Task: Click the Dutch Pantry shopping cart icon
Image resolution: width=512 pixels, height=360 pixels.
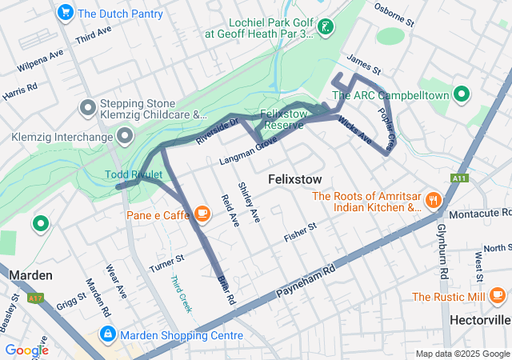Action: pyautogui.click(x=66, y=13)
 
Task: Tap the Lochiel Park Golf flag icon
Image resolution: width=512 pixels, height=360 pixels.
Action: pyautogui.click(x=325, y=28)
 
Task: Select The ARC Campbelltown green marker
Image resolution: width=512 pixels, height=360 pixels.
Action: pyautogui.click(x=461, y=94)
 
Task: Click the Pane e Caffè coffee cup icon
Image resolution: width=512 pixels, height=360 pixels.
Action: pyautogui.click(x=201, y=214)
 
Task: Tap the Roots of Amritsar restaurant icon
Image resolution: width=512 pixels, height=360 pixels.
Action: pyautogui.click(x=434, y=200)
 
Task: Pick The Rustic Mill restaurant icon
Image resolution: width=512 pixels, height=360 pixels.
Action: pyautogui.click(x=498, y=297)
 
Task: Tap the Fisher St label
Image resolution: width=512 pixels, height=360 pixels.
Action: pyautogui.click(x=301, y=233)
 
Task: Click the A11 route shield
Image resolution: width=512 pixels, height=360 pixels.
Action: pyautogui.click(x=458, y=178)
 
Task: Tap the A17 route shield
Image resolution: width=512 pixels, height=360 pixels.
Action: pyautogui.click(x=35, y=298)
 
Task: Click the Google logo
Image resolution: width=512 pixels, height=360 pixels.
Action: pyautogui.click(x=26, y=350)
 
